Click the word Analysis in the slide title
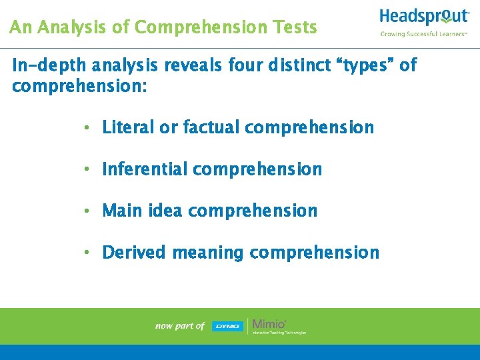click(65, 27)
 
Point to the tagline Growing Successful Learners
click(423, 33)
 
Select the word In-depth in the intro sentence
click(49, 65)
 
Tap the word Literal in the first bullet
click(127, 127)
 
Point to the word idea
click(165, 211)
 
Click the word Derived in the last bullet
click(135, 253)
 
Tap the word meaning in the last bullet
click(208, 253)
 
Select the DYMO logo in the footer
click(228, 326)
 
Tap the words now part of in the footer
click(179, 326)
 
